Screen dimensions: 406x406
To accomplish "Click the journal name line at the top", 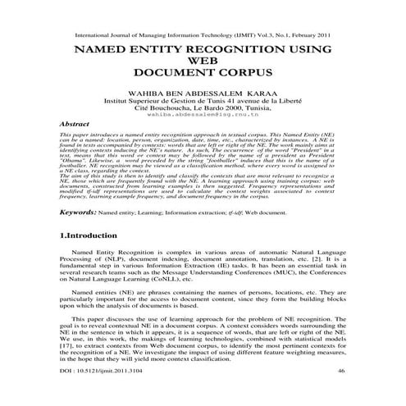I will click(203, 37).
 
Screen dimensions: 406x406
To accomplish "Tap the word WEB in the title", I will click(203, 62).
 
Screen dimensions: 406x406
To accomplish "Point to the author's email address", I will click(203, 115).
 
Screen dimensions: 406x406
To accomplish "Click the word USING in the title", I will click(308, 50).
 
